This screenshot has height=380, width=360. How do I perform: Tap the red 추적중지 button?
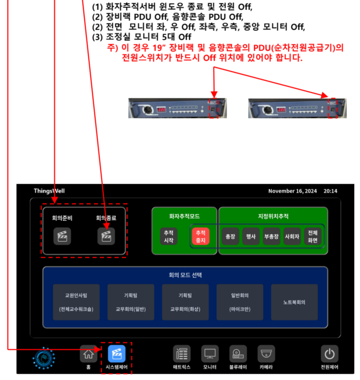[200, 236]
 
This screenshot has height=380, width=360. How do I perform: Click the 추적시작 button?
[169, 236]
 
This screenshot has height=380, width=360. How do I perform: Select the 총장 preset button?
[230, 236]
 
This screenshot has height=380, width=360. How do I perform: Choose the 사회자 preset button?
[291, 236]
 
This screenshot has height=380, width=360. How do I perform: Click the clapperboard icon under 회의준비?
[61, 237]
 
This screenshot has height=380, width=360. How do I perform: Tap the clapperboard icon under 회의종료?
[106, 237]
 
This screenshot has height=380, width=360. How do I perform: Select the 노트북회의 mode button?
[294, 302]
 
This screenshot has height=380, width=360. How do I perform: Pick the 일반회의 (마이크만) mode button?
[239, 302]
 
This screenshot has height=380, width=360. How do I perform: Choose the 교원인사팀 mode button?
[76, 302]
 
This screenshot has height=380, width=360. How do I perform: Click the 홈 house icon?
[89, 354]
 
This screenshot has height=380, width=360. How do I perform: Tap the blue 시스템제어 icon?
[116, 354]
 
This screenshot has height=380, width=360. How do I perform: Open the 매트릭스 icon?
[182, 354]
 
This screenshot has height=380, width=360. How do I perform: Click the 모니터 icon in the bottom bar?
[210, 354]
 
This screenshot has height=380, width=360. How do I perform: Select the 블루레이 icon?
[238, 354]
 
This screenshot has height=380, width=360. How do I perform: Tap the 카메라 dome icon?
[266, 354]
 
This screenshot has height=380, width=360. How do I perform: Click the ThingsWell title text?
[49, 191]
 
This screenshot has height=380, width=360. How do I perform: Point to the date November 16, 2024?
[292, 191]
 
